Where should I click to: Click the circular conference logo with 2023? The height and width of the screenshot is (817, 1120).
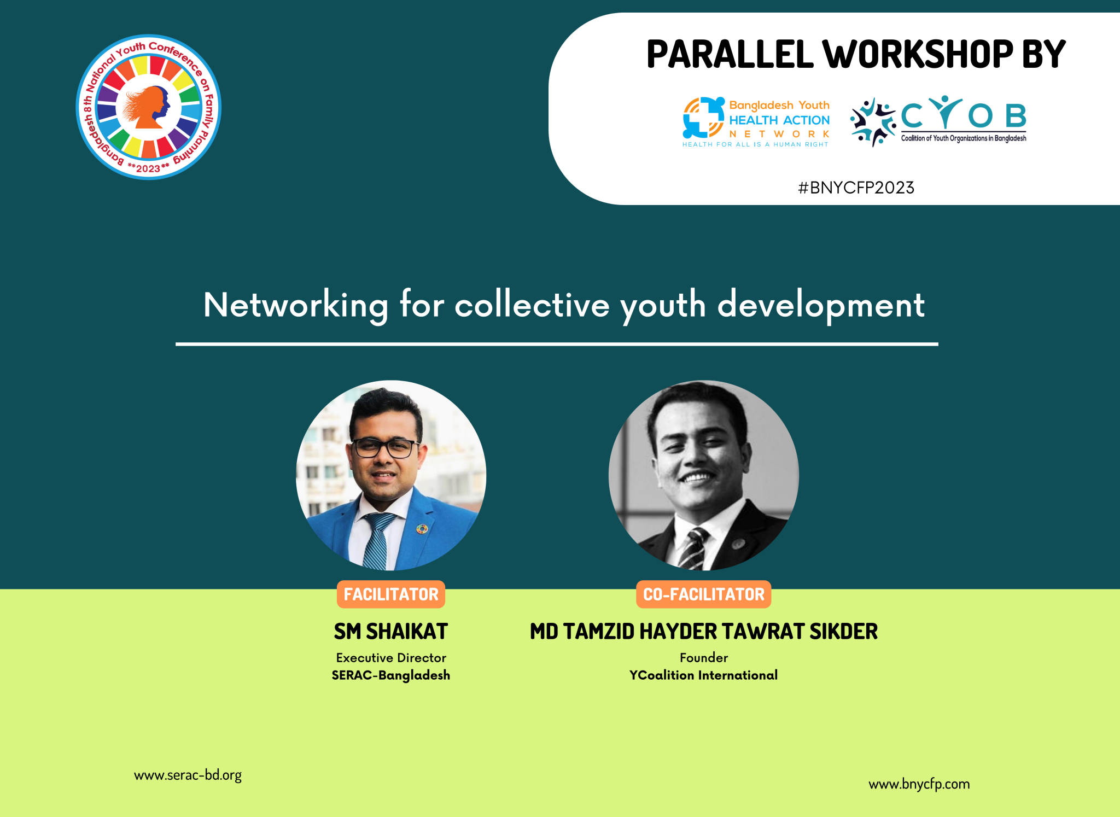(x=148, y=107)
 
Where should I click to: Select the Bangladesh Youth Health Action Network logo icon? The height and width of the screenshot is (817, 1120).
(x=703, y=118)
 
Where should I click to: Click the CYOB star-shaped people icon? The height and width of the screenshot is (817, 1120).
(x=873, y=122)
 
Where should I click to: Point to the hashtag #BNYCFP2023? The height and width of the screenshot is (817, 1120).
(x=856, y=188)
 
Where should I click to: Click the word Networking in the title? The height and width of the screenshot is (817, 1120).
(x=296, y=306)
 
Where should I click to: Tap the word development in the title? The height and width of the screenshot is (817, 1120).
(x=821, y=306)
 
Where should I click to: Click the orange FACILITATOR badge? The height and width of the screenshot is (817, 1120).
(x=391, y=594)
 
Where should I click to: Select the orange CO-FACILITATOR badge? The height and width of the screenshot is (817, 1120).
(x=704, y=594)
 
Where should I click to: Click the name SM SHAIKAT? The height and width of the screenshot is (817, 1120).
(x=391, y=632)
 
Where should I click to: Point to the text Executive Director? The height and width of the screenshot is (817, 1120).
(x=391, y=658)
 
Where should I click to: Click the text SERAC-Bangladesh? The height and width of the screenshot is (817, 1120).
(x=391, y=675)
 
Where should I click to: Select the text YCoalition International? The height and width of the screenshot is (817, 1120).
(x=704, y=675)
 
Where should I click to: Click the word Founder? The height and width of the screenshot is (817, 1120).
(x=704, y=658)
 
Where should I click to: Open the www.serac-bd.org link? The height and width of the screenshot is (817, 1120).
(x=188, y=775)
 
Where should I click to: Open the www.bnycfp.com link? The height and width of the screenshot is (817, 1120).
(x=919, y=784)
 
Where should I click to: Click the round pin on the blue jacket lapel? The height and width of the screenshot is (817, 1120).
(x=422, y=529)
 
